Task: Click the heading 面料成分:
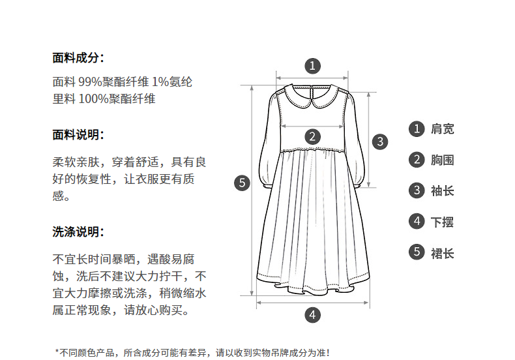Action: click(x=78, y=58)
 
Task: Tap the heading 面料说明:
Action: click(x=78, y=134)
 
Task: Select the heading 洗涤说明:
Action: click(x=78, y=232)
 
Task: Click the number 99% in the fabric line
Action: click(x=91, y=82)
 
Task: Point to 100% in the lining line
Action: click(x=94, y=99)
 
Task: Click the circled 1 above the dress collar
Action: click(x=312, y=66)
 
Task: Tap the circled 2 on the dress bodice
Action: click(x=312, y=136)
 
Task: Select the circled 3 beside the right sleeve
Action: click(x=380, y=142)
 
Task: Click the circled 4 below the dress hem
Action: click(x=312, y=315)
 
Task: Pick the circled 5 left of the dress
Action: click(x=242, y=183)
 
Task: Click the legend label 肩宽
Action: click(x=443, y=128)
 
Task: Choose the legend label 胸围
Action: click(x=443, y=160)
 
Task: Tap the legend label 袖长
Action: click(x=443, y=191)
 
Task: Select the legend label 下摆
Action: click(x=443, y=222)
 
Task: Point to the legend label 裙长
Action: click(x=443, y=253)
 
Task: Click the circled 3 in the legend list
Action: click(x=417, y=190)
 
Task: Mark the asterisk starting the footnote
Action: click(x=57, y=352)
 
